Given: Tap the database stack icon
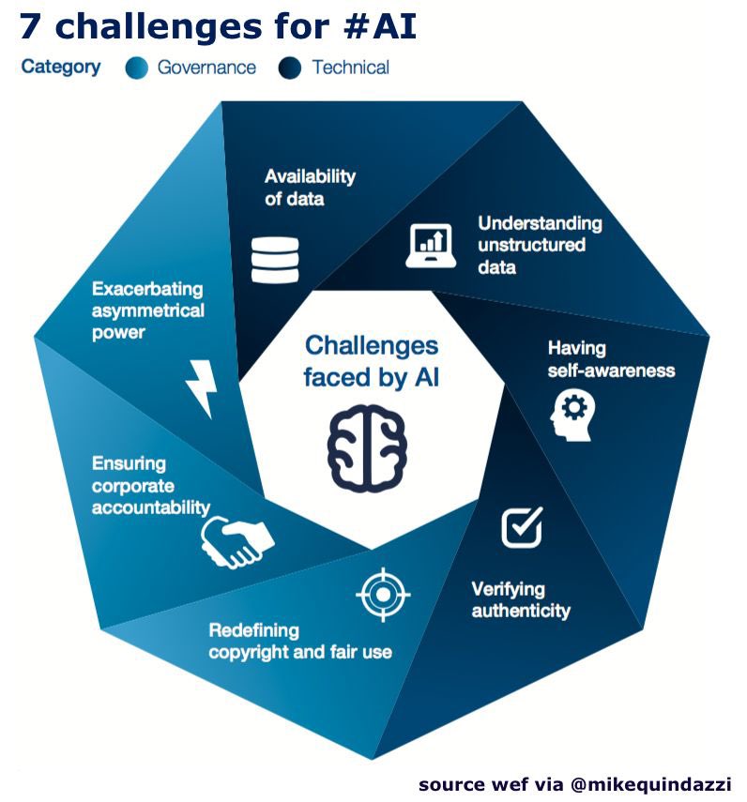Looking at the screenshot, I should (275, 259).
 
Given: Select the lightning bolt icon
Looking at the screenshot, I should (203, 386).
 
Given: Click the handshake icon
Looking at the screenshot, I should (236, 541).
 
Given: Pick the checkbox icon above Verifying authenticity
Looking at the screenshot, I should (522, 527).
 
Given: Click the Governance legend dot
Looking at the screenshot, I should (136, 68).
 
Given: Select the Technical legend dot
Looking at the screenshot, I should (290, 68).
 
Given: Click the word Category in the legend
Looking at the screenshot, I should (61, 67).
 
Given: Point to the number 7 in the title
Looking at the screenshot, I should (30, 27).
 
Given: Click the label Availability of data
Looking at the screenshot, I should (310, 186).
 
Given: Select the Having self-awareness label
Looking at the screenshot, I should (611, 358).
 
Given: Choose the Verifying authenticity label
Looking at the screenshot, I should (520, 600).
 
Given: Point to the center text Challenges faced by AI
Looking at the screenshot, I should (371, 361).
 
